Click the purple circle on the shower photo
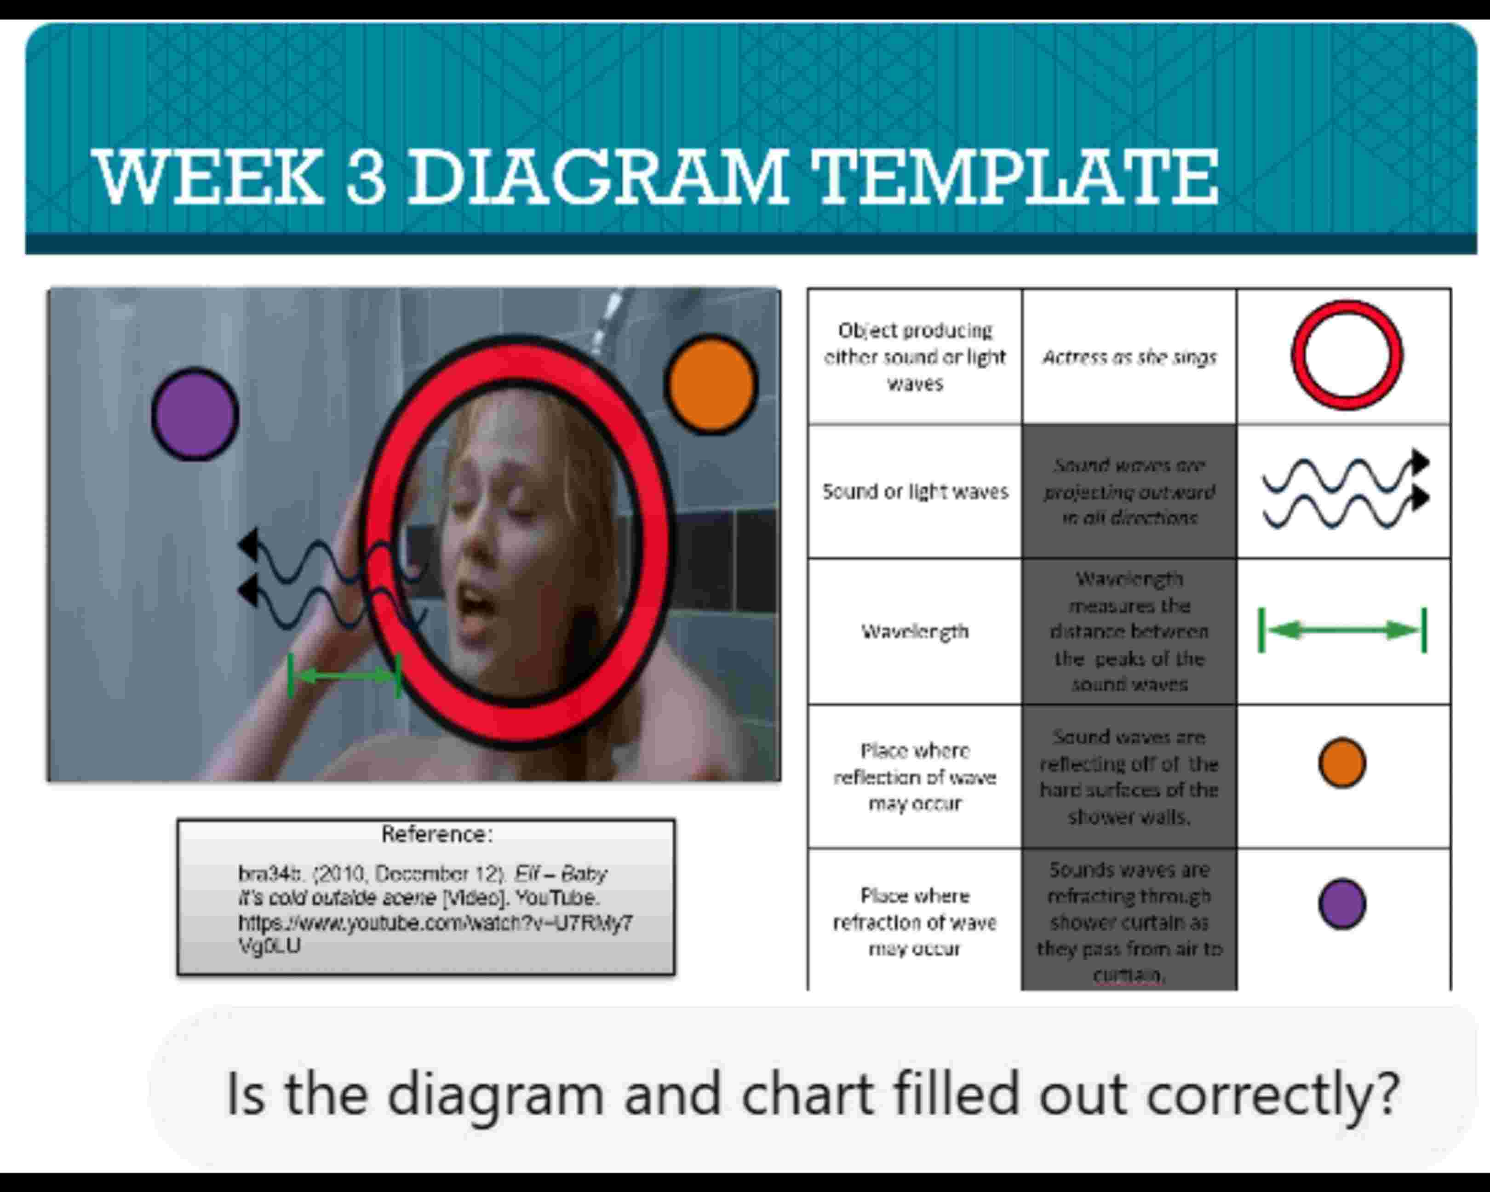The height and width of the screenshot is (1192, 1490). (195, 414)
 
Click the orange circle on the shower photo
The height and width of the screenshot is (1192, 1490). (711, 384)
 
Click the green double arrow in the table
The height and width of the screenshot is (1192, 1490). (1342, 630)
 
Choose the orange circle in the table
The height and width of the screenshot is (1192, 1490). (1341, 763)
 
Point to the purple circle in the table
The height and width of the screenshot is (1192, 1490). (1341, 903)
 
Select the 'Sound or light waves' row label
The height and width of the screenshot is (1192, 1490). (914, 491)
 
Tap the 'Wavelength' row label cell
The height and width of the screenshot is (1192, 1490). (914, 631)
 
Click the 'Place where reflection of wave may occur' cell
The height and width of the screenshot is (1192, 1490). (914, 777)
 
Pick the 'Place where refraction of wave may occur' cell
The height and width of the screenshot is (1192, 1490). (914, 922)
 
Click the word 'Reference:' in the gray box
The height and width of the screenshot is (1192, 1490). (437, 835)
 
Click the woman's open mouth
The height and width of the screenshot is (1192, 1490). (476, 599)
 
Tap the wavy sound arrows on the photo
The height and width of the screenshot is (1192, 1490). (325, 577)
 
